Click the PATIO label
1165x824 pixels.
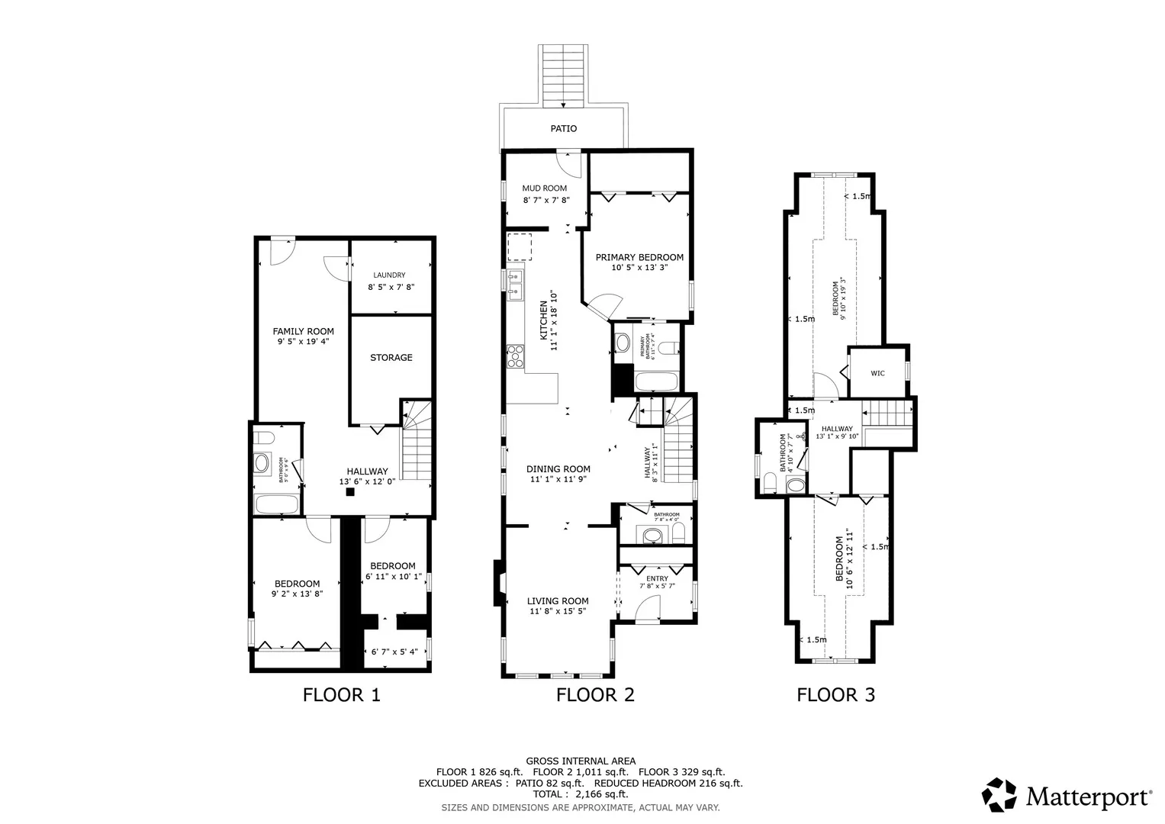point(564,129)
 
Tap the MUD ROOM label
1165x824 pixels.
point(545,188)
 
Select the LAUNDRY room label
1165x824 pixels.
point(389,275)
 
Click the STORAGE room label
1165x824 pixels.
point(391,358)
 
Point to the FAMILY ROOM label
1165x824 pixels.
point(304,331)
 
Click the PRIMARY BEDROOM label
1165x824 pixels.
point(639,258)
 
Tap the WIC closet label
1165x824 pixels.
point(877,373)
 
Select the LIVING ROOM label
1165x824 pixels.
point(558,601)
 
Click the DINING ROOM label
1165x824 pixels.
point(558,469)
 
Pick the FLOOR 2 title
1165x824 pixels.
point(595,695)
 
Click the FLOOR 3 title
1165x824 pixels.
point(836,695)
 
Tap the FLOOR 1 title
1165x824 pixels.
point(341,695)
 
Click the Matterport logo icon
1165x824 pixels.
point(999,795)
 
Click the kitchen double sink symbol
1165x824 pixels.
point(515,282)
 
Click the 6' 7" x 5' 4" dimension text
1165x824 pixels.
point(394,652)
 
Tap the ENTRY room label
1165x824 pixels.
point(657,579)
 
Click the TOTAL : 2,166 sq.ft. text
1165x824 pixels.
point(581,794)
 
